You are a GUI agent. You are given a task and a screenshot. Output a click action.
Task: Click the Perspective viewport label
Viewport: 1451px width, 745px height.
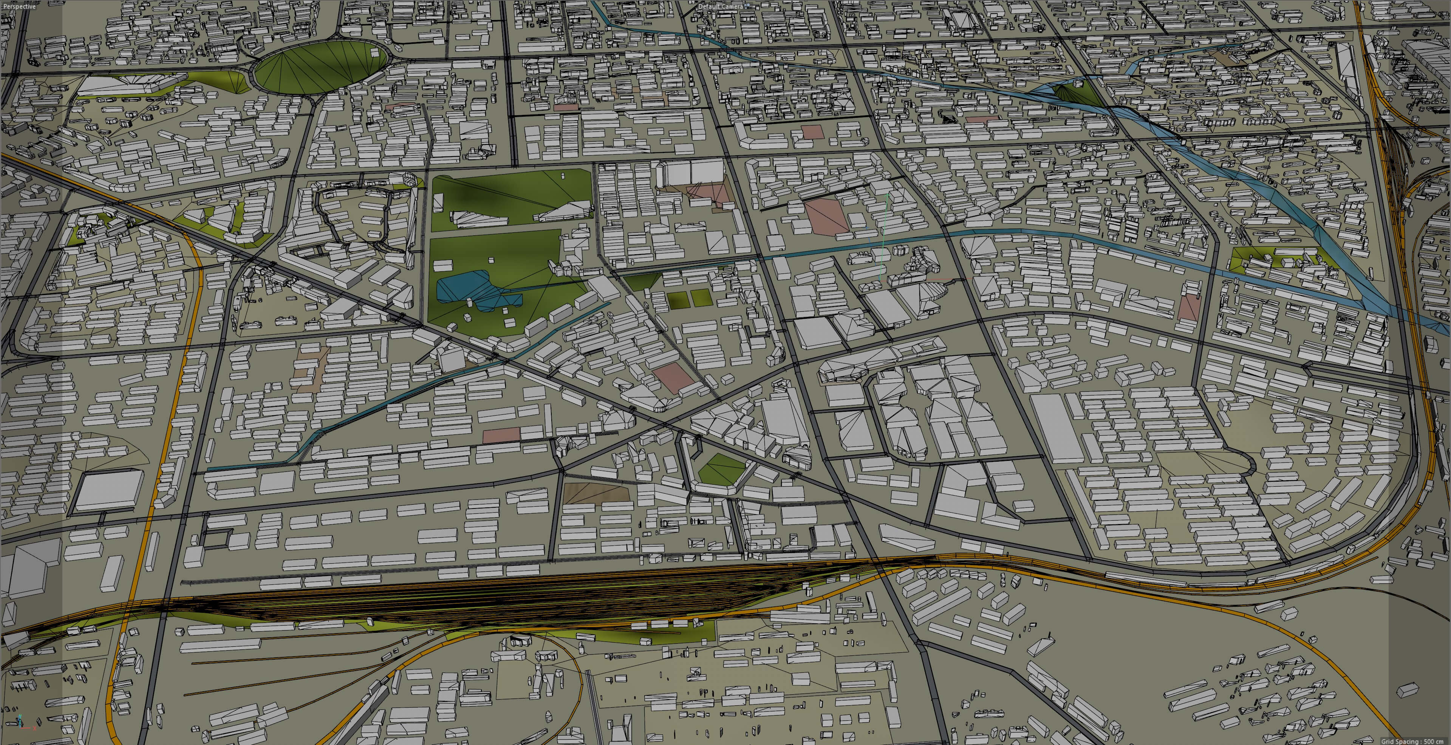(x=19, y=6)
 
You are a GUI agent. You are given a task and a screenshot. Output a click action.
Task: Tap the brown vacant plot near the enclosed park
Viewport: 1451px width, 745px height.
(x=596, y=493)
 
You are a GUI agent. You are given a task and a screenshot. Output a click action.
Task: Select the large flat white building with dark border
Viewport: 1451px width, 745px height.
(x=109, y=490)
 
